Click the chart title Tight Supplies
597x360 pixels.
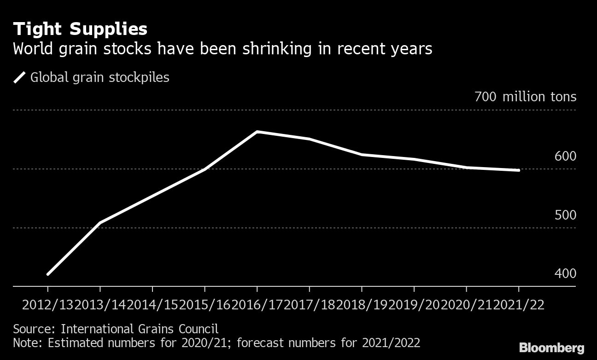pos(80,29)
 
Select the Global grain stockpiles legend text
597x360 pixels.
pos(99,77)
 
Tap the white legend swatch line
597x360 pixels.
pos(20,77)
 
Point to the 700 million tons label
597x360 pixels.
pos(525,97)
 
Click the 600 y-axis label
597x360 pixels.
pos(565,157)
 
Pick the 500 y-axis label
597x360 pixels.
pos(565,215)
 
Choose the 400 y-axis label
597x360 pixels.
pos(565,274)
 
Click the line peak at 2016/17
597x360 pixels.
pos(257,132)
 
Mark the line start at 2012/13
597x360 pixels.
pos(47,274)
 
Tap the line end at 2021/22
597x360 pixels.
pos(519,170)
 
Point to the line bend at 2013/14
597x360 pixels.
pos(100,223)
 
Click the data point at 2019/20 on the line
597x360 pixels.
pos(414,159)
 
